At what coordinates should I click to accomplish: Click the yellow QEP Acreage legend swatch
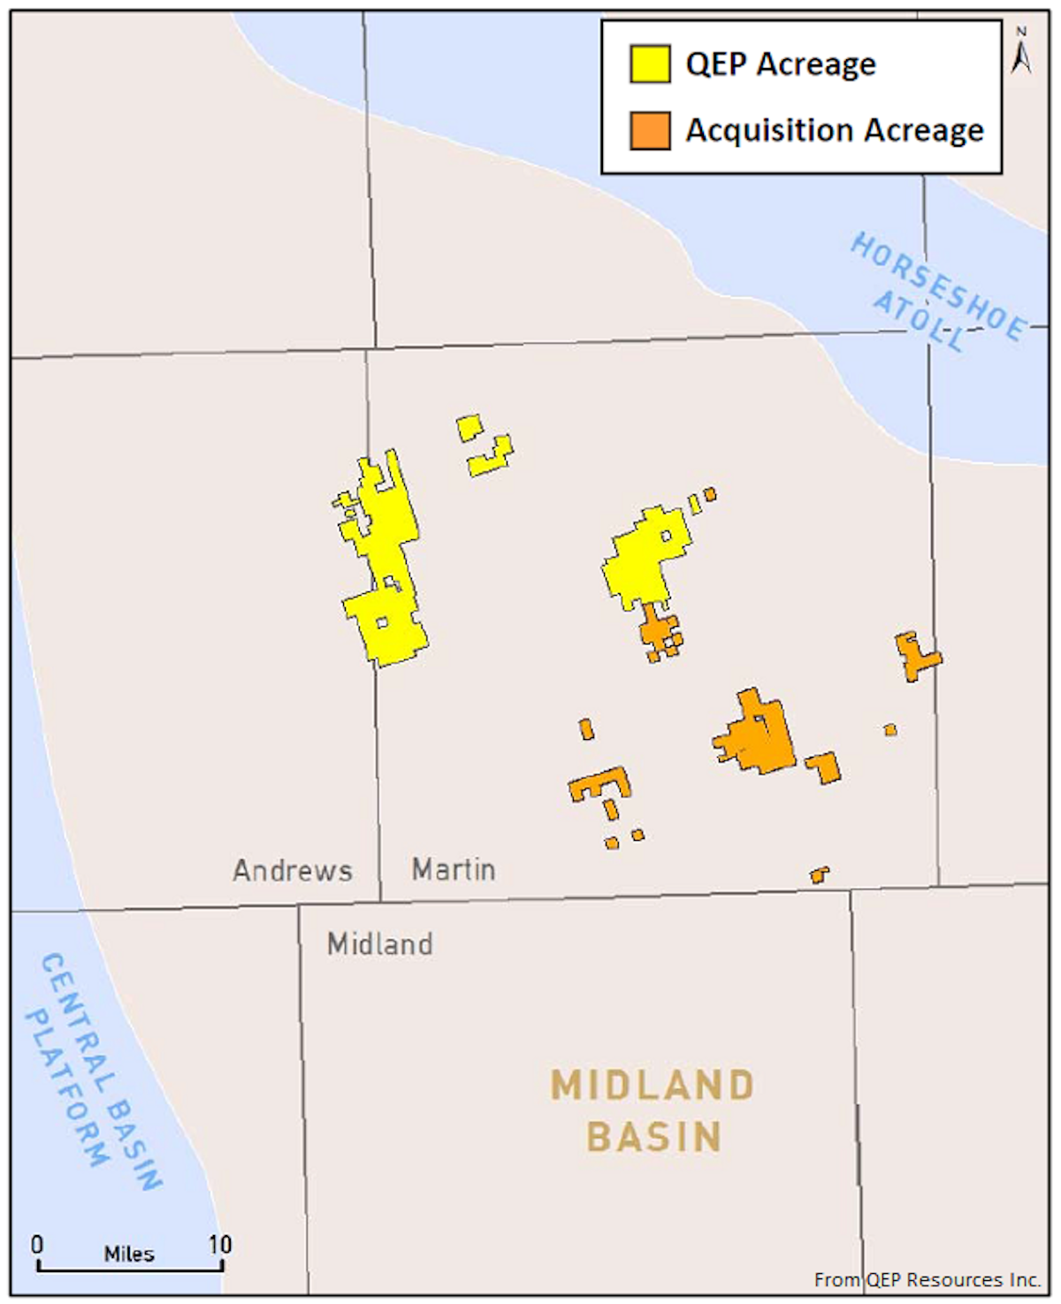[650, 64]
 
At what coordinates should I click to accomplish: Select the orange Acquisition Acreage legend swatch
[650, 130]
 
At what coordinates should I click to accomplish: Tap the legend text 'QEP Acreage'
[781, 65]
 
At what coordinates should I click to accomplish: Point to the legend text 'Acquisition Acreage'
[835, 131]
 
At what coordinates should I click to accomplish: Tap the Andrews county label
[293, 871]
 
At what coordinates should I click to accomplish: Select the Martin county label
[454, 870]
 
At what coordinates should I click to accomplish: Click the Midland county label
[380, 944]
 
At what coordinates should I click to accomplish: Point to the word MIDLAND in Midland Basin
[653, 1086]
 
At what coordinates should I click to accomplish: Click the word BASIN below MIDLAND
[654, 1137]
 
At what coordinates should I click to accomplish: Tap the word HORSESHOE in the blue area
[938, 286]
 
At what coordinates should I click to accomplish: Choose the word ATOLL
[919, 320]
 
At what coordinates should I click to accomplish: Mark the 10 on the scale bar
[220, 1245]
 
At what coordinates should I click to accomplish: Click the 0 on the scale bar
[37, 1245]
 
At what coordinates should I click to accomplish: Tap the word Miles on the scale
[129, 1254]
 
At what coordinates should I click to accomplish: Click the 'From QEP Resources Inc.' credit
[927, 1279]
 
